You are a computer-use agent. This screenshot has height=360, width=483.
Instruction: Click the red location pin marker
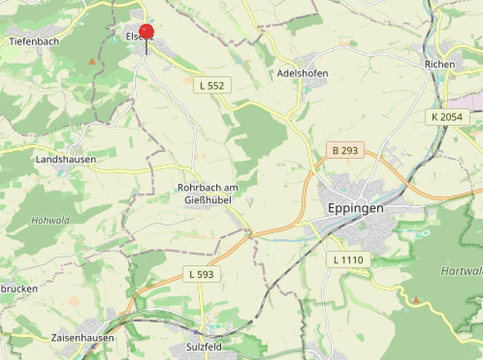point(147,34)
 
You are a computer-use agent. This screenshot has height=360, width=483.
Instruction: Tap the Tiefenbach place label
point(34,40)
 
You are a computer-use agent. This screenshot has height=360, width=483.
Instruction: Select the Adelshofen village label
point(303,73)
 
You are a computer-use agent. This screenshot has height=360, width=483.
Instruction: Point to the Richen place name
point(440,64)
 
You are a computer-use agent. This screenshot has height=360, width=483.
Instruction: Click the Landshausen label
point(65,160)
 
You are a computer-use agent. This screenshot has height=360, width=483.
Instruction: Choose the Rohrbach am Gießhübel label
point(205,193)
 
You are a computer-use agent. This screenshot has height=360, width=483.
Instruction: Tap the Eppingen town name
point(355,209)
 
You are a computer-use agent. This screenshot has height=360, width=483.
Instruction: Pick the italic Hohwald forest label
point(51,220)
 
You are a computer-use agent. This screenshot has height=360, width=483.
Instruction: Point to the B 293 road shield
point(345,151)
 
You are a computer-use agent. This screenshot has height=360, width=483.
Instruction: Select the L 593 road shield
point(200,274)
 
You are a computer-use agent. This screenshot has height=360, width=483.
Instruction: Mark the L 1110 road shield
point(349,259)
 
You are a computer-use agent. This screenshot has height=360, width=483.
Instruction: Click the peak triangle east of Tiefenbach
point(93,61)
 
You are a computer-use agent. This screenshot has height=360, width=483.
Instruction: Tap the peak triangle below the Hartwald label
point(416,299)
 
